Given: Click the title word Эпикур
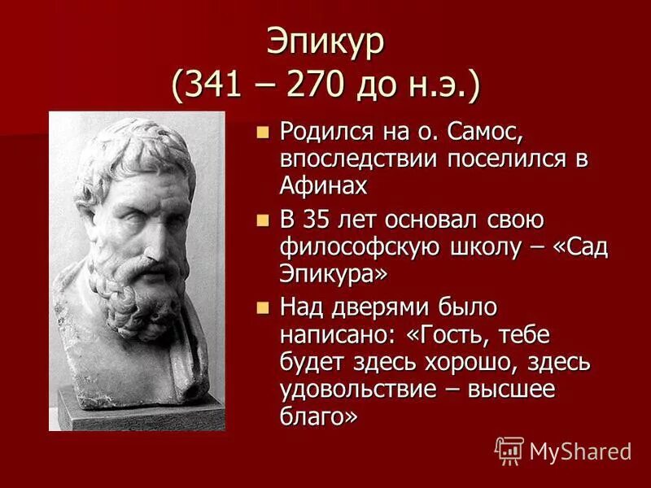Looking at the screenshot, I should [325, 41].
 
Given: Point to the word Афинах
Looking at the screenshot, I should [324, 185].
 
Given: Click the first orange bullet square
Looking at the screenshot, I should [262, 131].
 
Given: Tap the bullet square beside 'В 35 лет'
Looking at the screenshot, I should [262, 220].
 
